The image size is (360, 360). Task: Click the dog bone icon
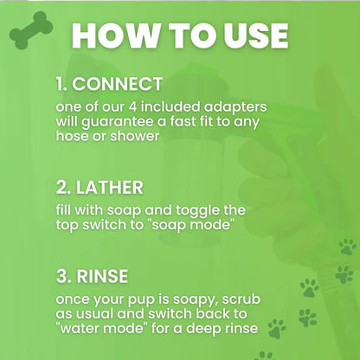30,28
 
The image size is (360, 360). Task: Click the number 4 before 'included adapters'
142,105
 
